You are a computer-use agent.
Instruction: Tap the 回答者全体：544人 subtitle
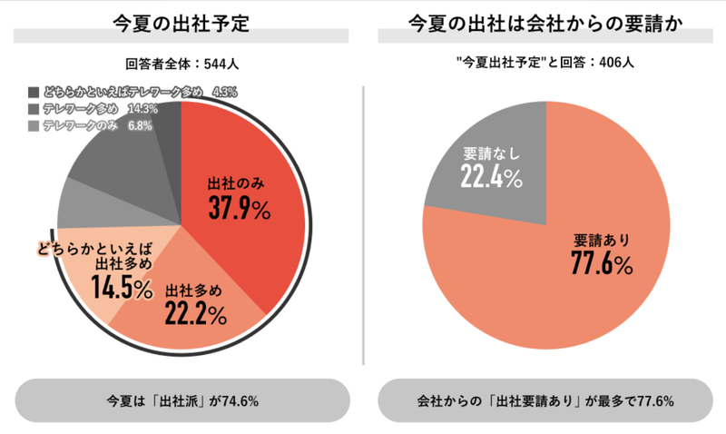click(x=182, y=64)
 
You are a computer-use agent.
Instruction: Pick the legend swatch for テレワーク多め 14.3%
click(x=34, y=108)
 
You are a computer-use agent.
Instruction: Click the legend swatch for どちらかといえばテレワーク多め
click(x=34, y=92)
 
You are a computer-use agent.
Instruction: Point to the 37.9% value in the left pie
click(x=239, y=209)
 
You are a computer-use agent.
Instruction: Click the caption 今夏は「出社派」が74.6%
click(x=182, y=400)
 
